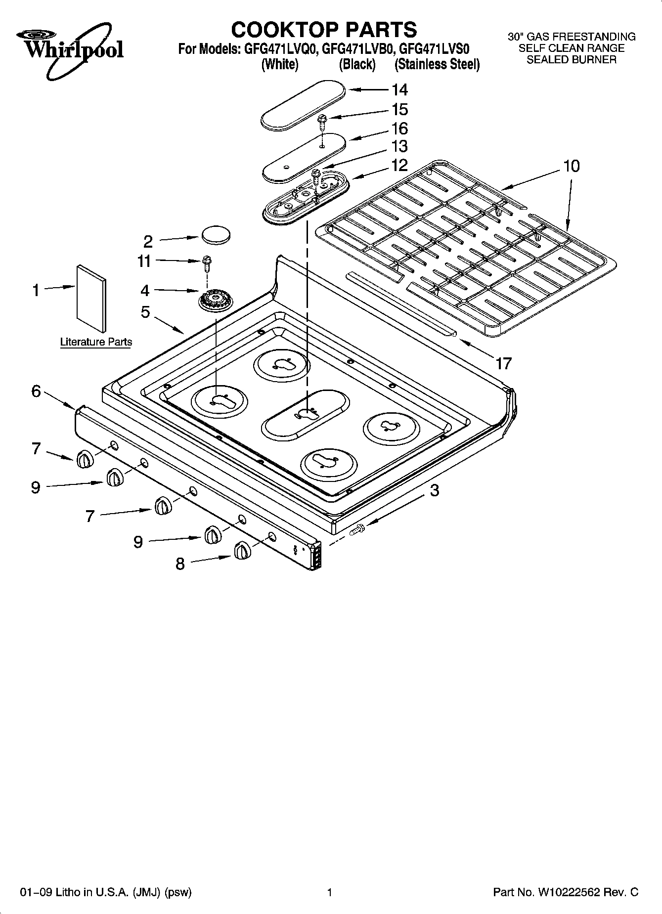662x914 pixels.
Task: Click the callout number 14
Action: coord(399,89)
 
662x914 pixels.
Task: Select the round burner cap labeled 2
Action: coord(216,234)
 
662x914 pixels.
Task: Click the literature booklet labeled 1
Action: coord(91,299)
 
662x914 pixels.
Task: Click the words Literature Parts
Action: coord(96,342)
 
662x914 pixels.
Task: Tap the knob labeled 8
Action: coord(242,550)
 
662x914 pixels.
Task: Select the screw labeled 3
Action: coord(356,531)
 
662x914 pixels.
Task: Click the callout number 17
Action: coord(503,364)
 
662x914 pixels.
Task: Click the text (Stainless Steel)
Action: coord(437,65)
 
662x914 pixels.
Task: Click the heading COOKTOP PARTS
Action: coord(324,29)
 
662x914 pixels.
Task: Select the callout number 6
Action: coord(36,392)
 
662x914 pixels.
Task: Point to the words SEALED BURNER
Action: coord(571,60)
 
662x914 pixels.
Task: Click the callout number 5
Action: coord(145,312)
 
